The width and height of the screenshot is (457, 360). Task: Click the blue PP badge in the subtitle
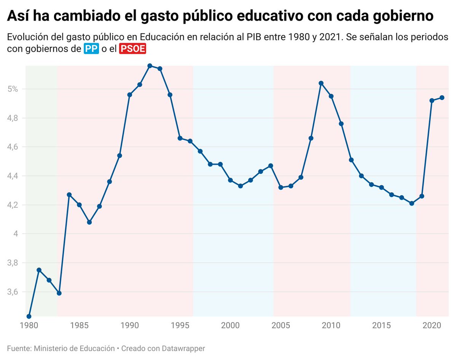91,49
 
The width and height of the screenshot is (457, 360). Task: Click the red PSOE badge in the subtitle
133,49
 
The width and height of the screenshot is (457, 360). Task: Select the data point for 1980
29,316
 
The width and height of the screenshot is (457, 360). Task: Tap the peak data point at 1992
150,66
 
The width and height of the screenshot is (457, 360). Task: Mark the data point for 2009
321,83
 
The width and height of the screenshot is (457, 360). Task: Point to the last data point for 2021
442,98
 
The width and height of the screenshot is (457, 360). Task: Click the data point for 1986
89,222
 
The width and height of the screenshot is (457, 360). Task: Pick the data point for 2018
412,203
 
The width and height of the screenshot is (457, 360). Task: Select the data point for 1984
69,195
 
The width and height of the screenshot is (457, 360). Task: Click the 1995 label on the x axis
180,326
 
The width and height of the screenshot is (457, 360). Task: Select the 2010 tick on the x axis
331,326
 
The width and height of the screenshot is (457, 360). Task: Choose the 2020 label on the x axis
432,326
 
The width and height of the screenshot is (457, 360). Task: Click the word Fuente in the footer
19,348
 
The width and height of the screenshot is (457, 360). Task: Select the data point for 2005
281,187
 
